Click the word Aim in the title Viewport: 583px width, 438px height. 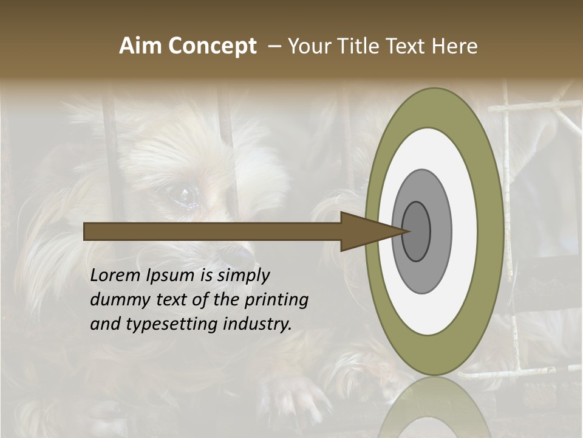tap(141, 46)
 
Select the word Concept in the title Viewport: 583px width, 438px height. tap(212, 46)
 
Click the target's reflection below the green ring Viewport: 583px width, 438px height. tap(435, 408)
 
